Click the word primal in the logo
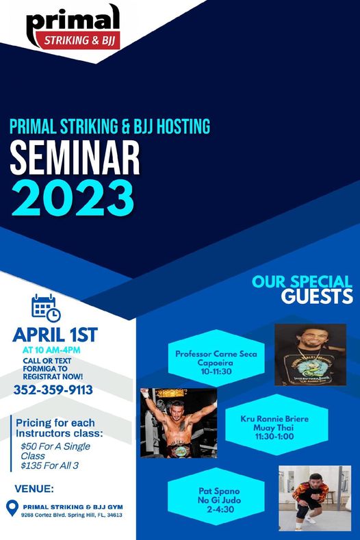click(73, 21)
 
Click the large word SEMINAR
click(75, 158)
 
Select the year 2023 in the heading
click(73, 198)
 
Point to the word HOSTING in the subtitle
click(183, 126)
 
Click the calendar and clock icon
click(46, 308)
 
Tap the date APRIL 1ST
click(55, 335)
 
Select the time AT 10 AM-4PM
click(51, 350)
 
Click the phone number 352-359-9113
click(53, 390)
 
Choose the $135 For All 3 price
click(49, 465)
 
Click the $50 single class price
click(55, 451)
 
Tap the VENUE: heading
click(34, 489)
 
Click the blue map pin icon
click(12, 508)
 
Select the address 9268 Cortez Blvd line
click(71, 515)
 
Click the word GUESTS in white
click(317, 296)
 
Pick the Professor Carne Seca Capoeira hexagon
click(216, 358)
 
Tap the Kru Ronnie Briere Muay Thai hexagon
click(274, 425)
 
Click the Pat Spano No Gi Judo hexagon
click(216, 497)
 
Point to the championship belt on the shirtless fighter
click(179, 450)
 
